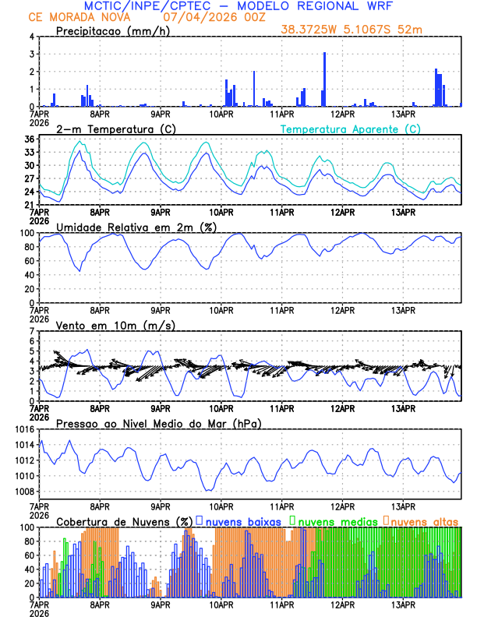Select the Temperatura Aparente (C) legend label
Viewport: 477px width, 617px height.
(x=351, y=129)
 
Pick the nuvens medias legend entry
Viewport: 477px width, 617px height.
(x=332, y=520)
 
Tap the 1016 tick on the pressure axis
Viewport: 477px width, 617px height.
(x=23, y=429)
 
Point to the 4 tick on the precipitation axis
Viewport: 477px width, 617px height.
(x=31, y=37)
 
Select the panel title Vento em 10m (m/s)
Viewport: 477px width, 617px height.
(x=116, y=325)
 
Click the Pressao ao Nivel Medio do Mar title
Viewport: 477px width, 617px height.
(x=158, y=423)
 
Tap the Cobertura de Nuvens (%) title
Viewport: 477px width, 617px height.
(x=124, y=520)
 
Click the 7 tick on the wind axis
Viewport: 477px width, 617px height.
(x=31, y=331)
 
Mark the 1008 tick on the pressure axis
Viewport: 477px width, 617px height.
(x=23, y=491)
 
